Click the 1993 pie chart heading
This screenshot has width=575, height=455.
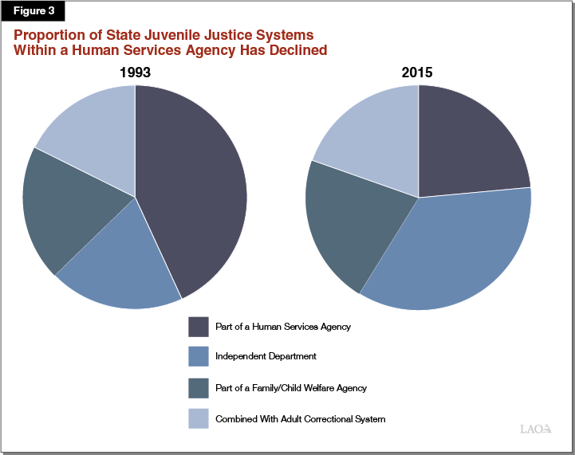coord(135,73)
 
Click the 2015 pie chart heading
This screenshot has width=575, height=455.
coord(417,73)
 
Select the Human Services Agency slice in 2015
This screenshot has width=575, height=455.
coord(467,143)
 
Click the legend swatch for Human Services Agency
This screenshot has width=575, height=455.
coord(198,327)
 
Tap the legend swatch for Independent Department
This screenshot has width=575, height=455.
coord(198,357)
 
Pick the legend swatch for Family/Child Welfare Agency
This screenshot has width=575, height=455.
coord(198,388)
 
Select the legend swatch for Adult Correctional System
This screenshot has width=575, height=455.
coord(198,418)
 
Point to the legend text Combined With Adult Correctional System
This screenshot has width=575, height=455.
coord(301,418)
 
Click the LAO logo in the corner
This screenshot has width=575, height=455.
coord(536,430)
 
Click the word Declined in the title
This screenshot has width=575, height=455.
coord(293,50)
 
